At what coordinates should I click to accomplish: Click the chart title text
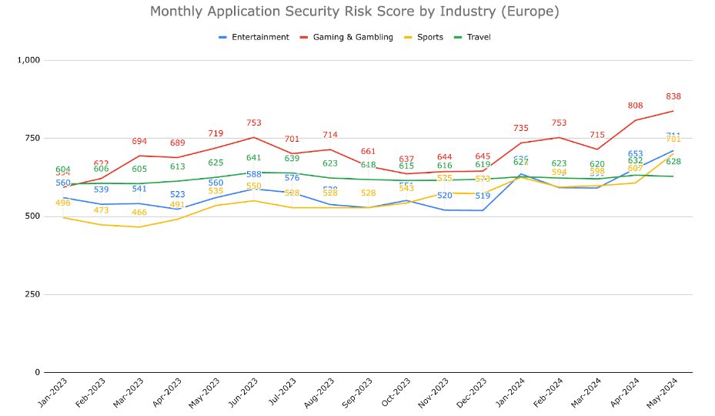354,12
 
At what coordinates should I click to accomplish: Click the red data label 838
673,96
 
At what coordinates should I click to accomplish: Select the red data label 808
636,106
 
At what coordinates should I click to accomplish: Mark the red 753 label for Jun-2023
254,122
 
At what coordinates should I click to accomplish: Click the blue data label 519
483,196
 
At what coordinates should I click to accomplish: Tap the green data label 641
254,158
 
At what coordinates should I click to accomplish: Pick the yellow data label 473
102,210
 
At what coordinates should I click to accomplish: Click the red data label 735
521,129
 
